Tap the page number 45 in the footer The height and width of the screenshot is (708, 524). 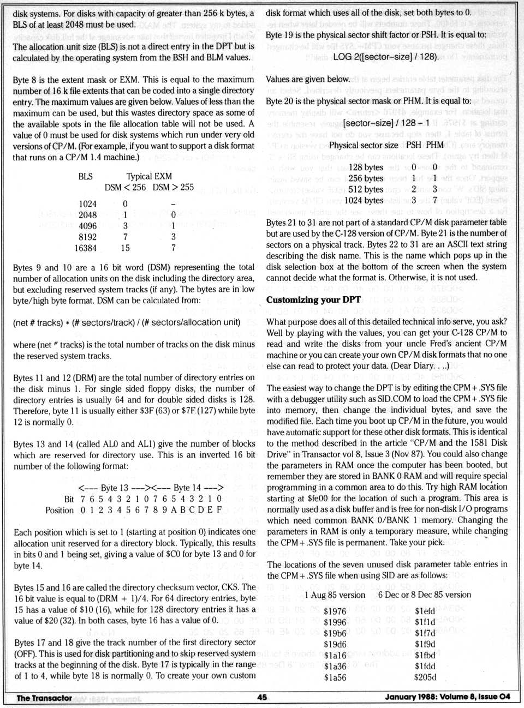click(x=262, y=697)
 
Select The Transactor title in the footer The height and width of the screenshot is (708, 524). click(x=44, y=698)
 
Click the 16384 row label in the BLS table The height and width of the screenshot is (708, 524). click(x=86, y=248)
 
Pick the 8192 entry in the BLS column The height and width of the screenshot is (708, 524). click(x=86, y=237)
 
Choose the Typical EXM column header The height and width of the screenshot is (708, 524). click(x=149, y=176)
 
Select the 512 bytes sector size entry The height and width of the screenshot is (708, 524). click(x=366, y=189)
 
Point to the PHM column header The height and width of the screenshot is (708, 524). click(x=434, y=145)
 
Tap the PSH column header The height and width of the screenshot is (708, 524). click(x=414, y=145)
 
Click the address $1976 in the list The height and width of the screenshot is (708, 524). click(x=335, y=611)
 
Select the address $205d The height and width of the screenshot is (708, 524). click(x=425, y=677)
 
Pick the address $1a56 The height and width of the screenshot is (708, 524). click(x=335, y=677)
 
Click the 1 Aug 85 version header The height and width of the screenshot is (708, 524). click(x=335, y=595)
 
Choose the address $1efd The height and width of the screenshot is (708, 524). click(x=425, y=611)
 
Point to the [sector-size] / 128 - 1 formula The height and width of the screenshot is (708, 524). click(x=386, y=123)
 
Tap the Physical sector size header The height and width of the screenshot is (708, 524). click(x=364, y=145)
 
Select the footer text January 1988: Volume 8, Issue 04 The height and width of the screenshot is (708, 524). click(x=448, y=697)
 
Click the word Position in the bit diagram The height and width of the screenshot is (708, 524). click(x=59, y=510)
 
